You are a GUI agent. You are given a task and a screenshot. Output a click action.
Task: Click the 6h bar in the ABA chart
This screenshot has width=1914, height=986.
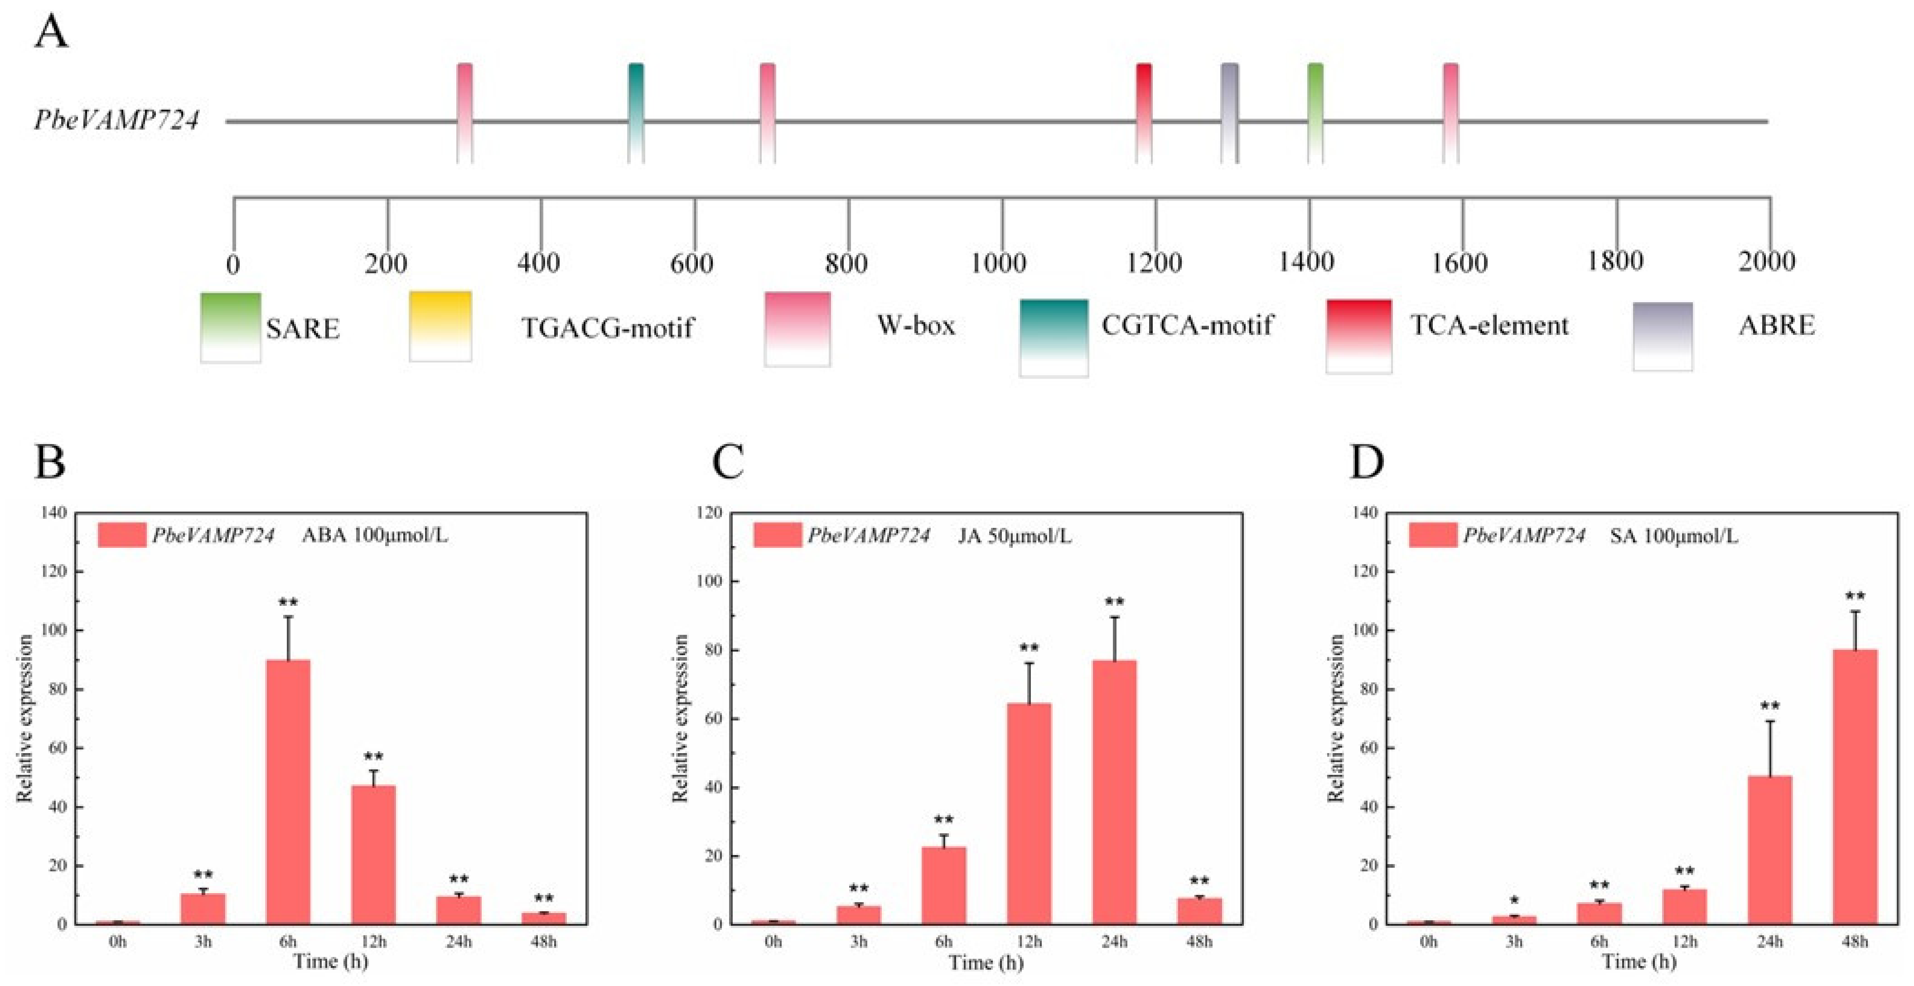288,792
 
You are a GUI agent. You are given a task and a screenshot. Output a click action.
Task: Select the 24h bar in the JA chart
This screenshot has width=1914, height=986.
1114,792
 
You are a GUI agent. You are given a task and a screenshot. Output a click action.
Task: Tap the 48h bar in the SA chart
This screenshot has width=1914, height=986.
1855,787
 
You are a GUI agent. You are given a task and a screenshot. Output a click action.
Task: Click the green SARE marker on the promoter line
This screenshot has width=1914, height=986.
1315,113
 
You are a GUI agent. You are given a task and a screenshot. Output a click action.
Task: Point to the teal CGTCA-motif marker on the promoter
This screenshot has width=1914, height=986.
636,113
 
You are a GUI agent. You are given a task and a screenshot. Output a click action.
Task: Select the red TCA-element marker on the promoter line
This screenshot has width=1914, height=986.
1144,113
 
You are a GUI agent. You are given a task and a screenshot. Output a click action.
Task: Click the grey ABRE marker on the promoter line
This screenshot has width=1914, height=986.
1230,113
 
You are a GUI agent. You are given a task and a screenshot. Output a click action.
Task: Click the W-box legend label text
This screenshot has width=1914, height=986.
916,325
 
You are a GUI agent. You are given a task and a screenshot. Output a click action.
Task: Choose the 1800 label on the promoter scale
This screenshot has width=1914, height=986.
1614,261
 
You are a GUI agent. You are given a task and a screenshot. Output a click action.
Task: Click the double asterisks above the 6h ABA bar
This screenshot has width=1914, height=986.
288,602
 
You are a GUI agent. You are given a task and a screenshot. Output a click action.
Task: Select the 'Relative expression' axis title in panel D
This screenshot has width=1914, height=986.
1336,719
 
